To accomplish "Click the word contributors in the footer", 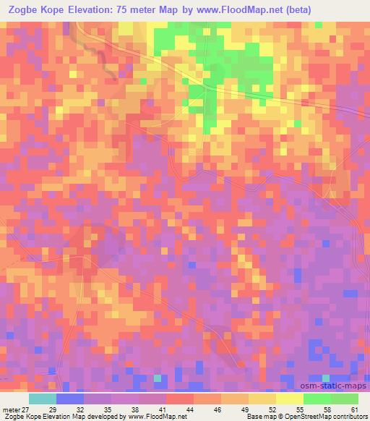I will coord(348,416).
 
